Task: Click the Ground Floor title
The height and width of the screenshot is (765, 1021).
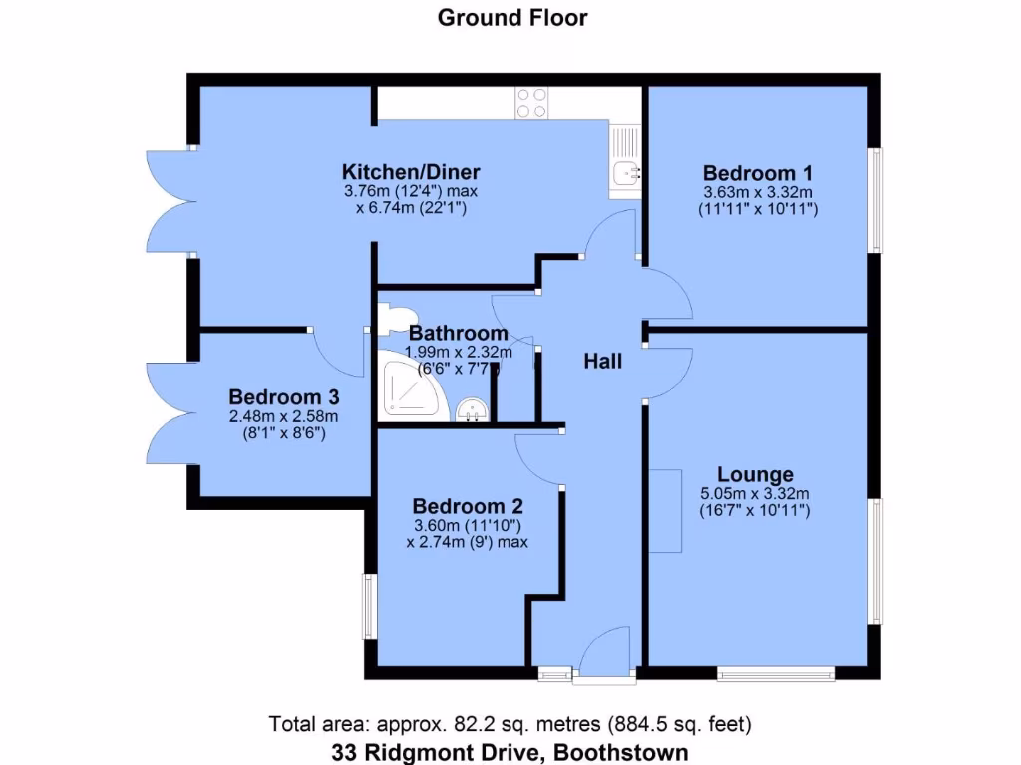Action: coord(512,17)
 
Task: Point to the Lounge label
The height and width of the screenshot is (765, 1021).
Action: coord(756,474)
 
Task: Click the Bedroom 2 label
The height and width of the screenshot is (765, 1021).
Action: coord(467,504)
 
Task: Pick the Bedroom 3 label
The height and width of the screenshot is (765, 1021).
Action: coord(283,394)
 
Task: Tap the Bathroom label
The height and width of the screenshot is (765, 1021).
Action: coord(458,333)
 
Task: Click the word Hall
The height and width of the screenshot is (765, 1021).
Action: coord(602,361)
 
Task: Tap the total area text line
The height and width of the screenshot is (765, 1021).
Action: coord(510,723)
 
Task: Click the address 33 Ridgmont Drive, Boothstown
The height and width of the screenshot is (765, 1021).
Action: coord(510,752)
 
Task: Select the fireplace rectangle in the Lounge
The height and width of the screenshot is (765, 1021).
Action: coord(666,511)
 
